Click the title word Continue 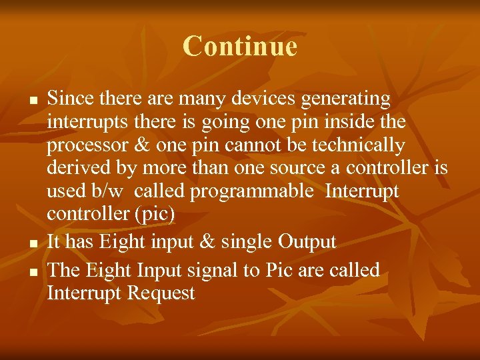click(239, 46)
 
